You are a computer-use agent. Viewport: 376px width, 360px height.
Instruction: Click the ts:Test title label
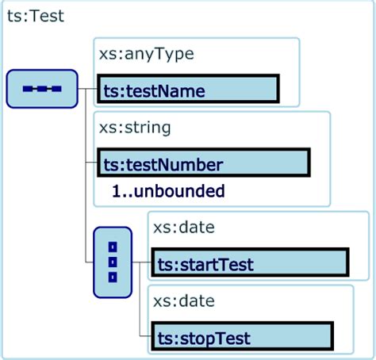[x=36, y=16]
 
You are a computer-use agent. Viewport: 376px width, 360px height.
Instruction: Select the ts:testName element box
[x=188, y=89]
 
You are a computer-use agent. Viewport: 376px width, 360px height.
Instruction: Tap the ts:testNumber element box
[x=204, y=163]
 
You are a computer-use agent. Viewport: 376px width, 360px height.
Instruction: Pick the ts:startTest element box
[x=250, y=262]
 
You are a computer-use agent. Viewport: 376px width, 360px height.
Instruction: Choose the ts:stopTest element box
[x=242, y=336]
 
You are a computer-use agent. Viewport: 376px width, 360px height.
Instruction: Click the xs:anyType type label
[x=147, y=55]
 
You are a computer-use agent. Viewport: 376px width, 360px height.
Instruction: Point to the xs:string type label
[x=135, y=128]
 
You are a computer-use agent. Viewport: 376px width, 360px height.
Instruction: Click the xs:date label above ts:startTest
[x=184, y=228]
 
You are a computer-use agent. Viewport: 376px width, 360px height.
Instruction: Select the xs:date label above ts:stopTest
[x=184, y=301]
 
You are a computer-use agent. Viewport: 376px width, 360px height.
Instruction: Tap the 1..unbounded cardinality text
[x=168, y=191]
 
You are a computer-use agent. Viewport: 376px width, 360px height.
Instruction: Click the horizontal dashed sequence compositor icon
[x=42, y=89]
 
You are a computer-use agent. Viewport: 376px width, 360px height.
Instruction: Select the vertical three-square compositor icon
[x=113, y=262]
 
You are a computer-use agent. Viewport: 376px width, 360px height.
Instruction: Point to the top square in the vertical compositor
[x=113, y=247]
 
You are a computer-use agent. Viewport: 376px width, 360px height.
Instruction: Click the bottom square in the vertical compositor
[x=113, y=278]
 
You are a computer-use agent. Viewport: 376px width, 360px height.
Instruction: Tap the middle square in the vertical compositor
[x=113, y=262]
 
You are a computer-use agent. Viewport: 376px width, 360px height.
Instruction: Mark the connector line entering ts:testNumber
[x=91, y=163]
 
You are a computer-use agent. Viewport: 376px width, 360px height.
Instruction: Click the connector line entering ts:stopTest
[x=145, y=336]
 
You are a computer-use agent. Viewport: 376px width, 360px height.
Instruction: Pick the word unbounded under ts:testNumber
[x=179, y=191]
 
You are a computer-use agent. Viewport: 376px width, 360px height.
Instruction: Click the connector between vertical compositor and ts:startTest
[x=142, y=262]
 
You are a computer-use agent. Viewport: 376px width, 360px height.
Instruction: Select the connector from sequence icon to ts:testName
[x=87, y=89]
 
